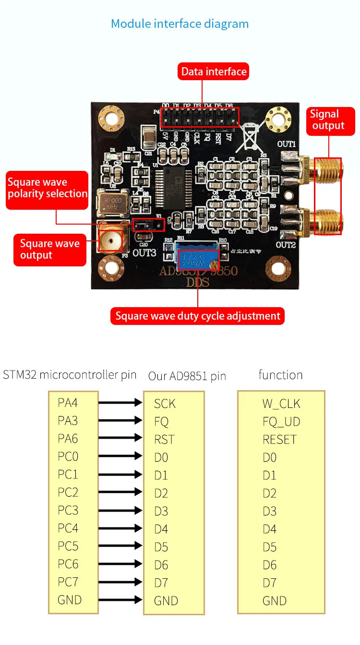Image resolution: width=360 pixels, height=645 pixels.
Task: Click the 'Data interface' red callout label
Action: (x=214, y=72)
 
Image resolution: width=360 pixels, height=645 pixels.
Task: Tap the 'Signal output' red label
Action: (x=328, y=120)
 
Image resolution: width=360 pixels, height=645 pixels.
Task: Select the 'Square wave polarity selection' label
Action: (x=47, y=188)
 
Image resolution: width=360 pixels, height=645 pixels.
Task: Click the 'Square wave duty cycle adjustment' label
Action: (x=198, y=316)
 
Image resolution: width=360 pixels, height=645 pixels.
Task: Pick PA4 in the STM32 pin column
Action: (x=68, y=402)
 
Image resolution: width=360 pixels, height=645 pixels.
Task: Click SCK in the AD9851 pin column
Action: (x=165, y=404)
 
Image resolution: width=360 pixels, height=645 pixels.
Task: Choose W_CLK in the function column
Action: (x=281, y=404)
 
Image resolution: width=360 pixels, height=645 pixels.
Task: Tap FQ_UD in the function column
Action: (x=281, y=421)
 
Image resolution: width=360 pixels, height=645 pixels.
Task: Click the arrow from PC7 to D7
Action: (x=120, y=582)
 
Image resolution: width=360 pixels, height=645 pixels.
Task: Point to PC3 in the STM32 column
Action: (x=68, y=510)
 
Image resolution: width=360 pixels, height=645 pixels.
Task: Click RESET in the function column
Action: (x=280, y=439)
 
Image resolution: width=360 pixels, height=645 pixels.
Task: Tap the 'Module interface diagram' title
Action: (x=180, y=24)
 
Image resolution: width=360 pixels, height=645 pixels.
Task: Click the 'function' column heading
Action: (x=280, y=374)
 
